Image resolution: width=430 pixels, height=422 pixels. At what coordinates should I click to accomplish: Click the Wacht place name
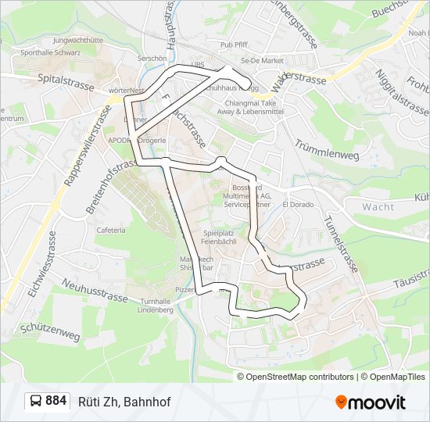tap(378, 207)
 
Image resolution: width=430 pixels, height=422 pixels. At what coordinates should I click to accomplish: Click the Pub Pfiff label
tap(234, 45)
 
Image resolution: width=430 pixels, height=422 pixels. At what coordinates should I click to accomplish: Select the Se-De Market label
tap(262, 60)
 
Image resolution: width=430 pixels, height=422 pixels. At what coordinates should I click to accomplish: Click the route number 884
tap(56, 401)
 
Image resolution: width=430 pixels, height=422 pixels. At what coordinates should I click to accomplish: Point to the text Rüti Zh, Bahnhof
tap(124, 402)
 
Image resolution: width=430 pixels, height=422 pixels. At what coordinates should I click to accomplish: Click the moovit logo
tap(371, 402)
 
